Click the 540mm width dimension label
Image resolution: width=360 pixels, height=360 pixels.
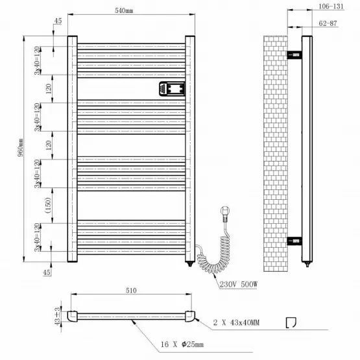click(124, 10)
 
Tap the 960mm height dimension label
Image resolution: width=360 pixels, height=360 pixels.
click(21, 147)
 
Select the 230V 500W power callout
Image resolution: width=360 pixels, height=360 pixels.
click(239, 285)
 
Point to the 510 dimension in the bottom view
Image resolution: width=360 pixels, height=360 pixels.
click(131, 291)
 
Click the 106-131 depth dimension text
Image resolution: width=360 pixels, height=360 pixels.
click(331, 6)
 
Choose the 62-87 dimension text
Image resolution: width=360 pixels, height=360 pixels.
click(328, 23)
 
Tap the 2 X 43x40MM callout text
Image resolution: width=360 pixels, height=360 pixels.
click(236, 322)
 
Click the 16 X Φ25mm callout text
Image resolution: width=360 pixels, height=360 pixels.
click(182, 344)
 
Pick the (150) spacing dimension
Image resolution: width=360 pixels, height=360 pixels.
click(48, 205)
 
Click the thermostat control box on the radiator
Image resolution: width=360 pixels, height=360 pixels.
click(172, 89)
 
